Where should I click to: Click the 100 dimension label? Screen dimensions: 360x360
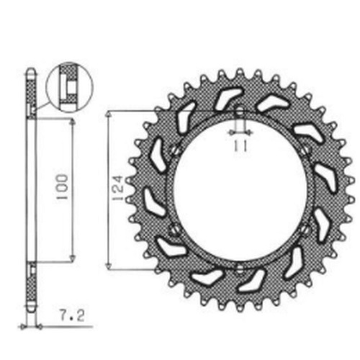click(63, 186)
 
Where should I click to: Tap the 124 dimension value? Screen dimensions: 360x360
click(118, 189)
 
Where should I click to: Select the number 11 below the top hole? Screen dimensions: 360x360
click(240, 146)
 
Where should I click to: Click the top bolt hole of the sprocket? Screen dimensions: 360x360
click(240, 112)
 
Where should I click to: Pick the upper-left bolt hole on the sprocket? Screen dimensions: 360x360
click(174, 150)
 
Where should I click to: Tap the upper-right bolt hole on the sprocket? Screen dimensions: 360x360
click(305, 150)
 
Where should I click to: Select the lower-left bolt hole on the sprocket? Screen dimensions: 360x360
click(174, 230)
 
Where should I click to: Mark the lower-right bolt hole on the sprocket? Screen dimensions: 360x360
click(305, 230)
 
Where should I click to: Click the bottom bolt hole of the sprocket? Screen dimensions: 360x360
click(240, 269)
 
